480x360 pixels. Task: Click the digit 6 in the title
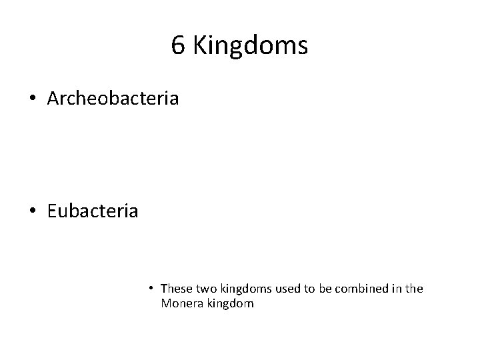(x=178, y=46)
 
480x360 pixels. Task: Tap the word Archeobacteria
(x=113, y=99)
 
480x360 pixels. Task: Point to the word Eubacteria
(x=93, y=211)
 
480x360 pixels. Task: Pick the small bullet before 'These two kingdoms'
(x=152, y=289)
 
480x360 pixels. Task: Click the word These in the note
(x=176, y=289)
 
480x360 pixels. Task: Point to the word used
(x=283, y=289)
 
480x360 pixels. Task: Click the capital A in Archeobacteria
(x=54, y=99)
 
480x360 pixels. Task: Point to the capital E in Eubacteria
(x=52, y=211)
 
